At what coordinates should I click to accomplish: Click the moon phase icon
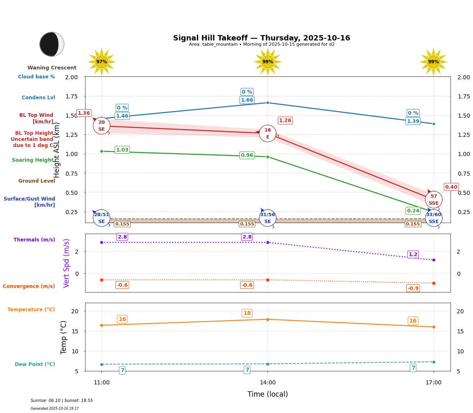click(x=52, y=44)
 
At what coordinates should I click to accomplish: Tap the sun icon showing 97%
click(x=101, y=62)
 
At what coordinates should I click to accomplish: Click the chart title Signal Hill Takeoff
click(x=261, y=38)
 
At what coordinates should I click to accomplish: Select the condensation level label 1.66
click(x=247, y=100)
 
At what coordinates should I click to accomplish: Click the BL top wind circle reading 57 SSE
click(x=433, y=199)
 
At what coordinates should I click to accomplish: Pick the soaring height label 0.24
click(x=413, y=211)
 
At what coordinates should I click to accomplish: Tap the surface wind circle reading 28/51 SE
click(x=101, y=218)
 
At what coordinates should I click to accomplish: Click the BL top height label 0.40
click(x=451, y=187)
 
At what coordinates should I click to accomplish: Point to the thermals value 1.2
click(x=413, y=254)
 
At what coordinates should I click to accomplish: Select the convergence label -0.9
click(x=413, y=288)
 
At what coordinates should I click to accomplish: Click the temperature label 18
click(x=247, y=313)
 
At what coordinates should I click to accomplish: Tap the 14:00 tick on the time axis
click(x=268, y=383)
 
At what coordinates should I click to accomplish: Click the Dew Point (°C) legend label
click(x=35, y=364)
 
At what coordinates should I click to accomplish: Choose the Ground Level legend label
click(x=37, y=181)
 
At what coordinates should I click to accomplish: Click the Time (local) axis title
click(x=268, y=394)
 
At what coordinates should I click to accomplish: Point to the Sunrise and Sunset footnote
click(x=62, y=401)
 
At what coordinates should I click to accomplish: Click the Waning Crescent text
click(x=52, y=68)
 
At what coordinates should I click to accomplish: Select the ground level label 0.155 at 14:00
click(x=247, y=224)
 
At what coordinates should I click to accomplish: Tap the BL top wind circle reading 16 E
click(x=268, y=133)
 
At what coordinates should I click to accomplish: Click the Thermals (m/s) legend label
click(x=34, y=240)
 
